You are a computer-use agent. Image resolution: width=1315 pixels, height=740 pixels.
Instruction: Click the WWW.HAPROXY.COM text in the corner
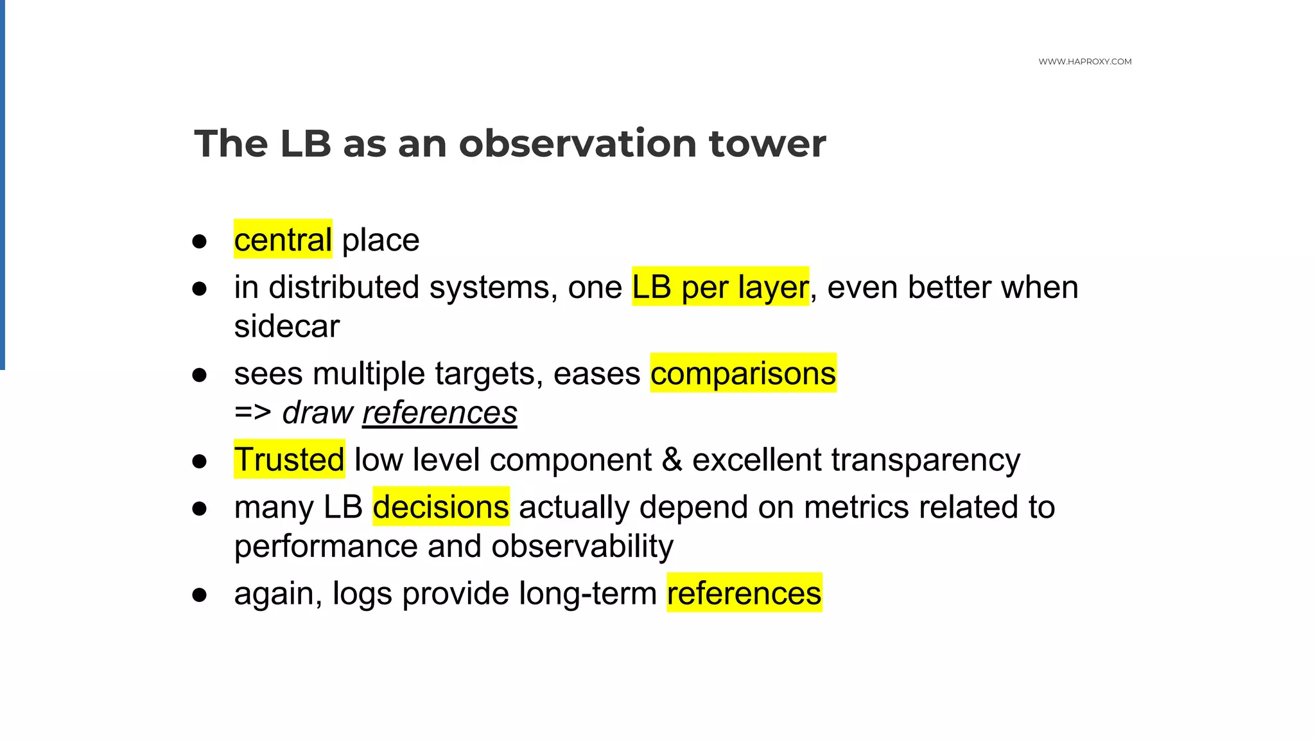[x=1084, y=62]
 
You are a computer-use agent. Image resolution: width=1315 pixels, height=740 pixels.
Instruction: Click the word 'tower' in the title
[x=767, y=143]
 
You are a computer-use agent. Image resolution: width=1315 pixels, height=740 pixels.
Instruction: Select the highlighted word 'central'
[x=283, y=240]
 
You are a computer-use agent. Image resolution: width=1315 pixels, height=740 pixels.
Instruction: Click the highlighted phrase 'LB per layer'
[x=720, y=287]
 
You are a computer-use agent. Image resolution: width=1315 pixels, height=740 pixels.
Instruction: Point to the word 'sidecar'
[x=286, y=326]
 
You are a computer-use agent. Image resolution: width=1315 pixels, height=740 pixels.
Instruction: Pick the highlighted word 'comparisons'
[x=743, y=373]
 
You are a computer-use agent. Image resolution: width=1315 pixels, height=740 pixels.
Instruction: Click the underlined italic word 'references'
[x=439, y=412]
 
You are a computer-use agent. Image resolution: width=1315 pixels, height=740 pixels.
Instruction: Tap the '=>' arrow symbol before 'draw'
[x=252, y=412]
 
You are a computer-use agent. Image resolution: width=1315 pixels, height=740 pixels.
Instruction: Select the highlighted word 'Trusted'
[x=289, y=459]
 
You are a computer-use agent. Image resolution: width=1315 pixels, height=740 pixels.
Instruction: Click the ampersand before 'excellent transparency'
[x=672, y=459]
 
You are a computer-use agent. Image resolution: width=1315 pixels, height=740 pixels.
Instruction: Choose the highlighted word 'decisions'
[x=440, y=507]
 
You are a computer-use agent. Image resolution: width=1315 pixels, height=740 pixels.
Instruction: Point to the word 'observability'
[x=582, y=546]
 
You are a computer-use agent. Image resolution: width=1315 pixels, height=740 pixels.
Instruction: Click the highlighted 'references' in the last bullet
[x=744, y=593]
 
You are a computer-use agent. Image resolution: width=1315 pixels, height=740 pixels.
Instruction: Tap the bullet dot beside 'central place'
[x=200, y=242]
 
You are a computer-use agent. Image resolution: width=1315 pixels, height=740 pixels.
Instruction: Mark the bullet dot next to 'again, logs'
[x=200, y=595]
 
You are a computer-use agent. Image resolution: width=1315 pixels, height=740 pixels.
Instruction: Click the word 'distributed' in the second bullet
[x=344, y=287]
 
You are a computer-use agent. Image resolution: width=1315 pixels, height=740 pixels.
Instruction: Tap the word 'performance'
[x=326, y=546]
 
